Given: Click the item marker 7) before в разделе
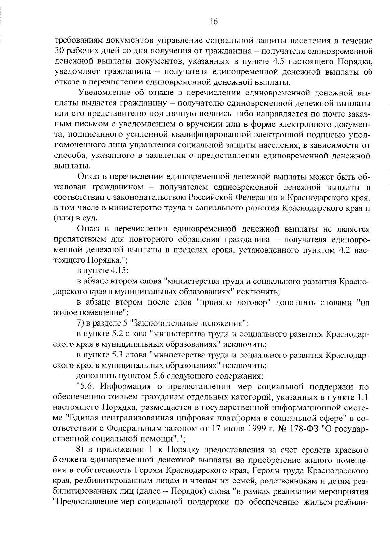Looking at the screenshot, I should pyautogui.click(x=80, y=323).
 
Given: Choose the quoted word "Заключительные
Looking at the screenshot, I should pyautogui.click(x=162, y=323).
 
